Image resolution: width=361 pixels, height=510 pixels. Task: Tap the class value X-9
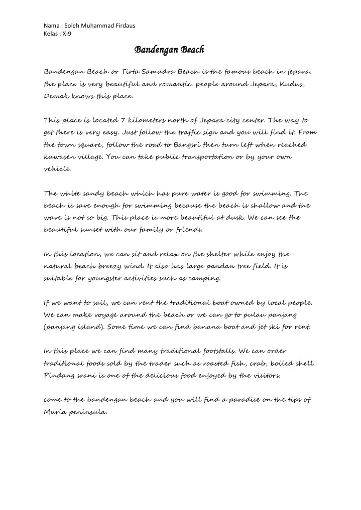(67, 34)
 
